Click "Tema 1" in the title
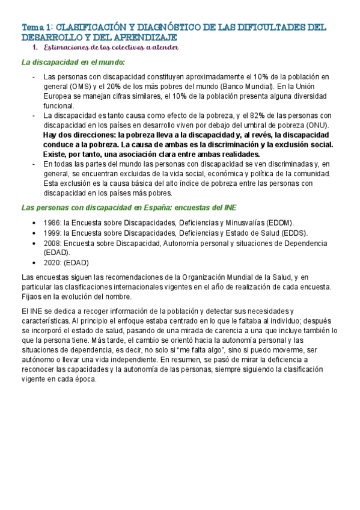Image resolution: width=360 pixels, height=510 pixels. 36,27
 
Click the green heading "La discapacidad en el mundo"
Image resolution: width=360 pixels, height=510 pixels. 73,62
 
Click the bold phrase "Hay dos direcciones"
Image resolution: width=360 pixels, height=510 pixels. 80,135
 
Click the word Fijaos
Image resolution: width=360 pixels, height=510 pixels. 32,296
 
